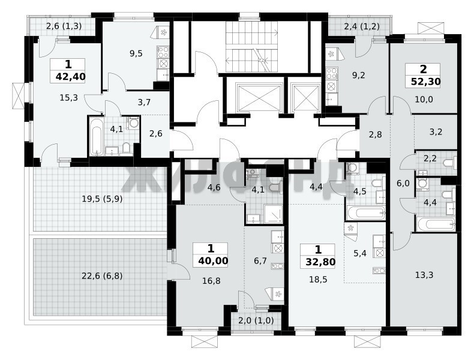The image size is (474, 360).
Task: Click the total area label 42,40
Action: pyautogui.click(x=70, y=77)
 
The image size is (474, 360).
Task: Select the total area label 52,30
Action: pyautogui.click(x=425, y=82)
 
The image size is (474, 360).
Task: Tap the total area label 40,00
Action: pyautogui.click(x=213, y=260)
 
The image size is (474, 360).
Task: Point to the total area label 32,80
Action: pyautogui.click(x=320, y=262)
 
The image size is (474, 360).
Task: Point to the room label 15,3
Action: pyautogui.click(x=68, y=98)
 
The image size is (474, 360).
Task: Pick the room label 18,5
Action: pyautogui.click(x=318, y=280)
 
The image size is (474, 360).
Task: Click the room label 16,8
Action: pyautogui.click(x=211, y=281)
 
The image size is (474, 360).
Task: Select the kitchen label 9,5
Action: pyautogui.click(x=136, y=53)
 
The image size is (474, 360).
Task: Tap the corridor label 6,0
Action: pyautogui.click(x=403, y=183)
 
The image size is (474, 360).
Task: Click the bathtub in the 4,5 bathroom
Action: pyautogui.click(x=366, y=213)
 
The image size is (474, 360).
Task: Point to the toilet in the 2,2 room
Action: pyautogui.click(x=450, y=163)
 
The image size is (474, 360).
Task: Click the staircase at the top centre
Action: pyautogui.click(x=252, y=47)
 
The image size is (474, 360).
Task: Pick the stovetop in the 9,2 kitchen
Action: pyautogui.click(x=332, y=74)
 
